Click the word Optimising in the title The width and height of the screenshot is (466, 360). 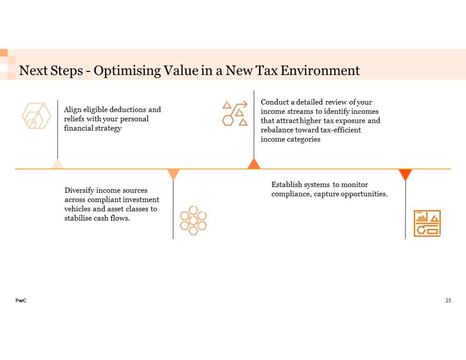tap(127, 71)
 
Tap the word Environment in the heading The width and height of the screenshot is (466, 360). tap(320, 71)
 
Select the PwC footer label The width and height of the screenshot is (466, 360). tap(21, 300)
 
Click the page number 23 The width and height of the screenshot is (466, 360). tap(448, 300)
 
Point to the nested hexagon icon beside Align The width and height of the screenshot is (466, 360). tap(36, 116)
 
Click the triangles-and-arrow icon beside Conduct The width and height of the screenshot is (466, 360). tap(235, 113)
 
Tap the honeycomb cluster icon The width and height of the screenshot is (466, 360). tap(193, 221)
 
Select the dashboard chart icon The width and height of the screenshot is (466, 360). tap(427, 223)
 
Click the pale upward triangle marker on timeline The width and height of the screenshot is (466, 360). tap(57, 164)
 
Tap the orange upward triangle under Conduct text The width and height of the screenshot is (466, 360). tap(254, 163)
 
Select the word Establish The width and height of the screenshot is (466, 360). tap(286, 185)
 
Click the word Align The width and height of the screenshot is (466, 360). tap(72, 110)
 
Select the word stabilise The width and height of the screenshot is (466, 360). tap(78, 218)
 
